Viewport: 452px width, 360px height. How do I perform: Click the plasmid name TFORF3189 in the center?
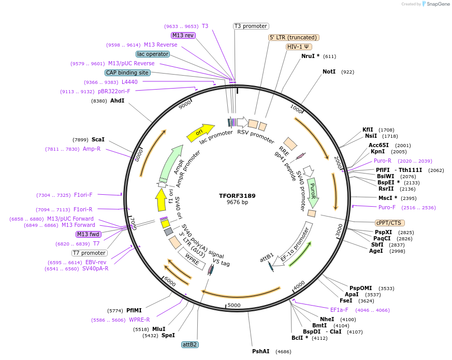(x=237, y=196)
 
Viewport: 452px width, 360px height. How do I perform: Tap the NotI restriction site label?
(x=329, y=72)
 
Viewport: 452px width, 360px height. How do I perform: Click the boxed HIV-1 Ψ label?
(x=299, y=47)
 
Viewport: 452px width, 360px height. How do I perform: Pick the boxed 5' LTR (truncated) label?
(x=294, y=37)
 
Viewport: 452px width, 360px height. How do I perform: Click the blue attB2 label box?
(x=190, y=344)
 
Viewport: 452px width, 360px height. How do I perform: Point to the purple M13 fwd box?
(x=88, y=234)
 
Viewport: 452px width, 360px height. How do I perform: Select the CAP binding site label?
(x=127, y=73)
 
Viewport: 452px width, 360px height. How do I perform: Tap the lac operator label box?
(x=153, y=54)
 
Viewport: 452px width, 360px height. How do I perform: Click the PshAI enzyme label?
(x=261, y=351)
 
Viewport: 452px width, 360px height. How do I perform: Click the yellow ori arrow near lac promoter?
(x=200, y=133)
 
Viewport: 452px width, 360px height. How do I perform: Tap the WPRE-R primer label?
(x=139, y=320)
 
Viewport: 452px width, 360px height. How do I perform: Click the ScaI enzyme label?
(x=98, y=139)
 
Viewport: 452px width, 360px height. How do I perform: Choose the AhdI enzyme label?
(x=117, y=100)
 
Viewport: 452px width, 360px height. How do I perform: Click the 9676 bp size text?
(x=237, y=203)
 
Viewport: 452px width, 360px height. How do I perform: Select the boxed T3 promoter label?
(x=251, y=26)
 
